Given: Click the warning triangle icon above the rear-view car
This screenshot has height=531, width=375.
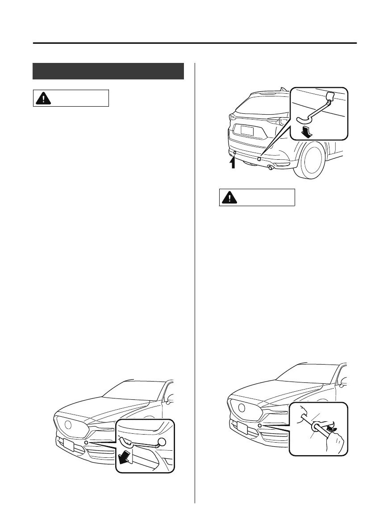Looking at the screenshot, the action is tap(43, 98).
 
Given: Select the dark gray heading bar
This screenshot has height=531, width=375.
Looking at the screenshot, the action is tap(108, 71).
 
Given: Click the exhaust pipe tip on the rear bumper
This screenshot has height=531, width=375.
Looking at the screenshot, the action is tap(271, 168).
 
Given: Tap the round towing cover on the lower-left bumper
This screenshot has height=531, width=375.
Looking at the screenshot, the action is tap(86, 443).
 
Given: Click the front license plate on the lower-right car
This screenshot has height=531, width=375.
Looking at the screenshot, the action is tap(243, 428).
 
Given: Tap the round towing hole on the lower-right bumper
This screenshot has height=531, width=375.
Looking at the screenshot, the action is tap(260, 426).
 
